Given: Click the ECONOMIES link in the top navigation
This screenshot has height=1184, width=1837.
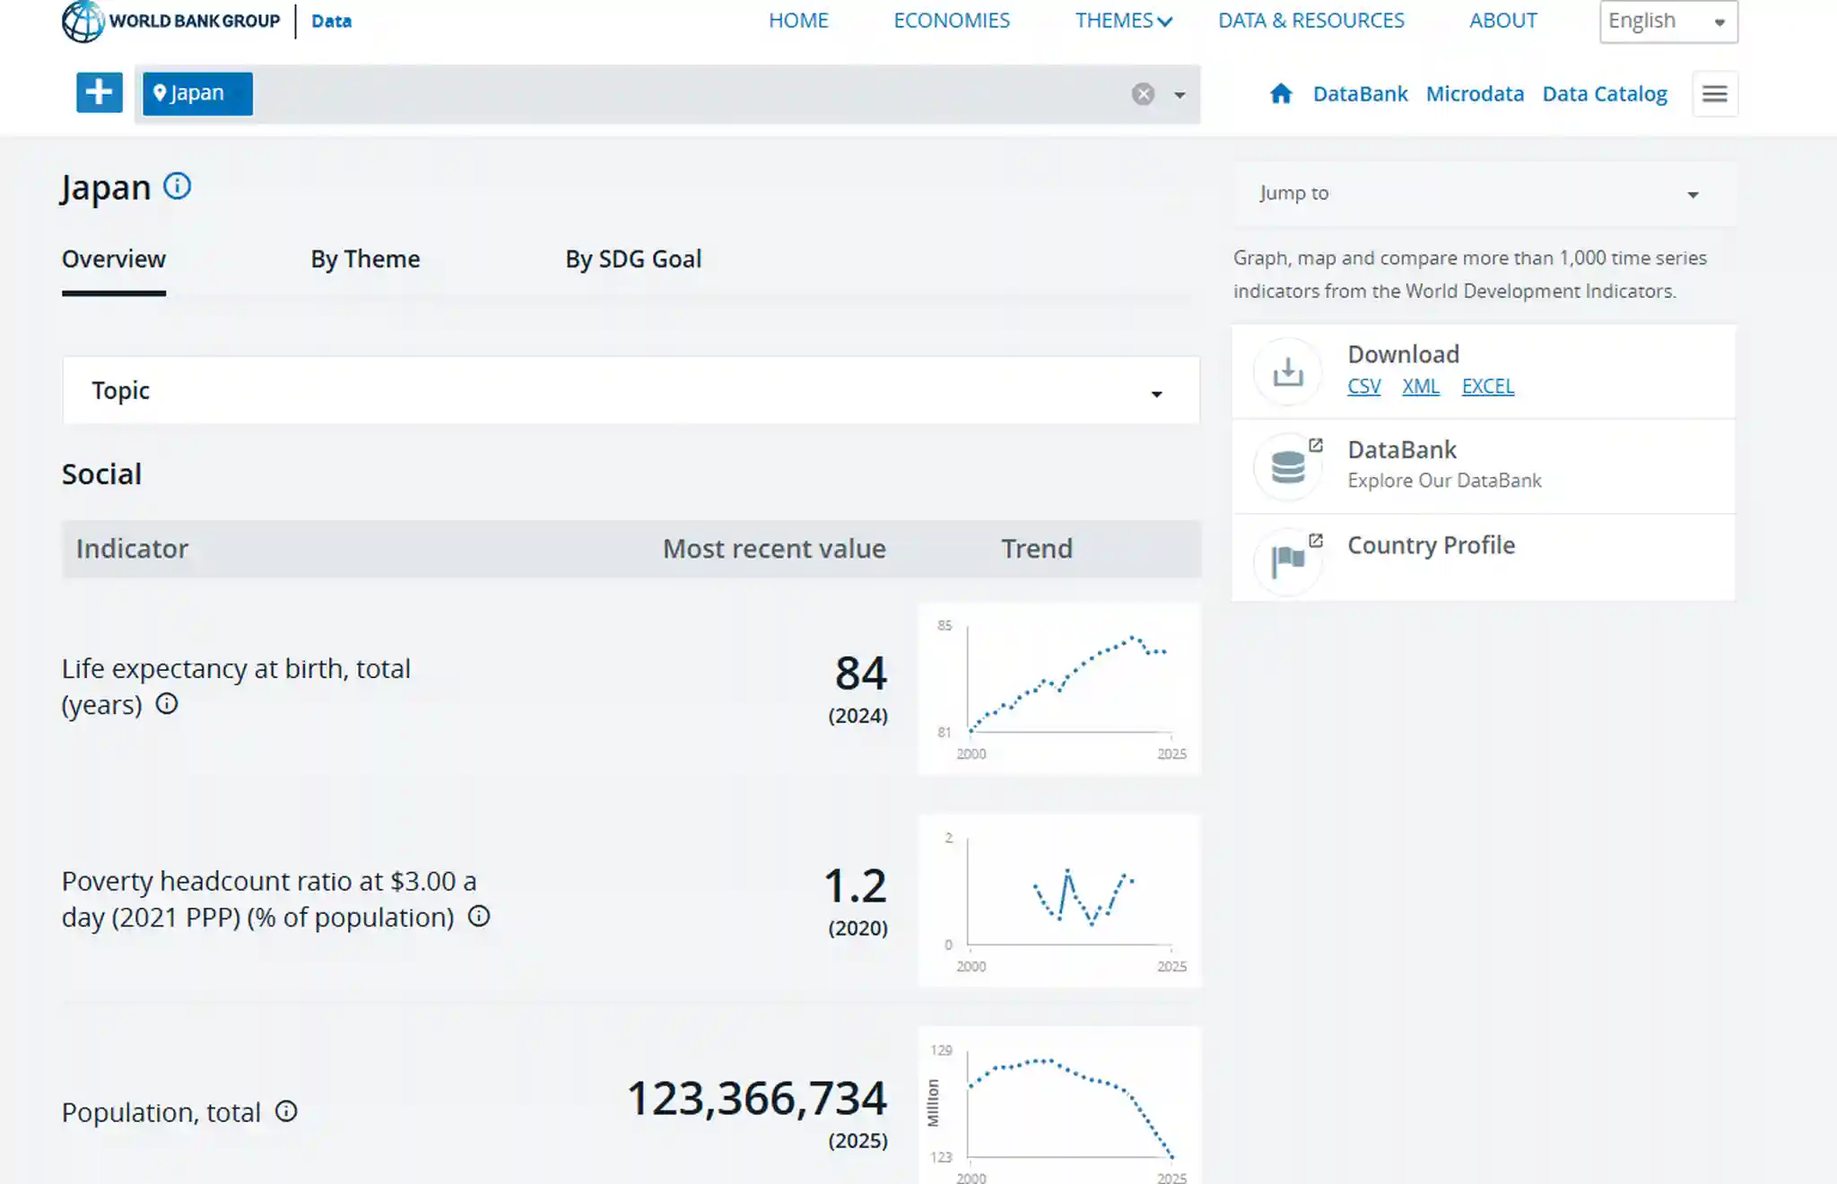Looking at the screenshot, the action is (952, 21).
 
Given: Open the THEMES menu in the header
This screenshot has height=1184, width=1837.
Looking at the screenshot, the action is (1124, 21).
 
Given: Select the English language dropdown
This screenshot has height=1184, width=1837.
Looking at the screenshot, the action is (1668, 21).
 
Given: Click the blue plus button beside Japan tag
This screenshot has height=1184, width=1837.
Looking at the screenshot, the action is (100, 93).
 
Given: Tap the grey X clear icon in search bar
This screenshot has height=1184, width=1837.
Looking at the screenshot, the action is (1143, 94).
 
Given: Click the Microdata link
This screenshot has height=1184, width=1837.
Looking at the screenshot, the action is (1475, 94).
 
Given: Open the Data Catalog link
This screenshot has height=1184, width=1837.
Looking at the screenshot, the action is (1605, 94).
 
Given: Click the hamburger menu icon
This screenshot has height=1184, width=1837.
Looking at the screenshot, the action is (1715, 94).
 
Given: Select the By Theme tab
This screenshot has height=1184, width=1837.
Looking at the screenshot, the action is (365, 259).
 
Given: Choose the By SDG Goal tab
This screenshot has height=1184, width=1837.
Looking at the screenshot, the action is (633, 259).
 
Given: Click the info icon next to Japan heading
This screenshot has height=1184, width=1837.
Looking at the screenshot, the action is (178, 186).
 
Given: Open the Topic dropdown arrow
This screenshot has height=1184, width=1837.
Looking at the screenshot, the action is (1156, 394).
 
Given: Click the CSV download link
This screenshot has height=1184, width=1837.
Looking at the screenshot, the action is (1364, 387).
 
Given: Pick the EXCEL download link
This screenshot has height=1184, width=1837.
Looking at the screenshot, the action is (1488, 387).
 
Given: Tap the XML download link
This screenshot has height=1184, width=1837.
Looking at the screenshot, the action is (1421, 387).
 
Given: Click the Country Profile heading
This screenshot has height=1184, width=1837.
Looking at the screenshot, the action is (1432, 545).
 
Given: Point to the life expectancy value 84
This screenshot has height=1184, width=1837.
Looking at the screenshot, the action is (861, 673).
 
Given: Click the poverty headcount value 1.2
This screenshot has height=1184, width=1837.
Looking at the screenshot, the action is (856, 885).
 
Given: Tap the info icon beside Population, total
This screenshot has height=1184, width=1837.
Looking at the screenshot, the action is (286, 1111).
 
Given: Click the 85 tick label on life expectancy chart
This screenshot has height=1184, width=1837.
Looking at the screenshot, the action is (945, 625).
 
